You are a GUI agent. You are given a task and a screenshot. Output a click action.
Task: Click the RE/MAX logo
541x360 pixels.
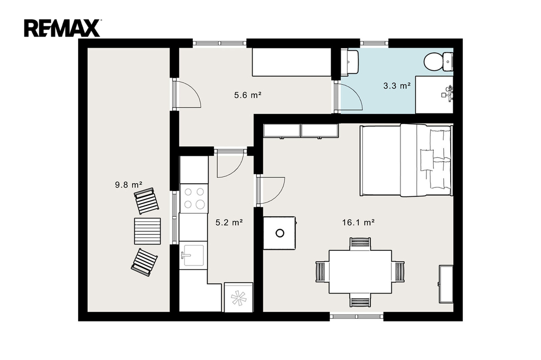click(x=62, y=29)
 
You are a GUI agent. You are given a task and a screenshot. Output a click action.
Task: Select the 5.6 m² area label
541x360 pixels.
click(x=248, y=95)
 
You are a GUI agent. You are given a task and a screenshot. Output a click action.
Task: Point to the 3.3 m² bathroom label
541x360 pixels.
click(x=397, y=86)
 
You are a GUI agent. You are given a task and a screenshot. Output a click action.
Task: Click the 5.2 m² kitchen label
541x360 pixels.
click(x=229, y=223)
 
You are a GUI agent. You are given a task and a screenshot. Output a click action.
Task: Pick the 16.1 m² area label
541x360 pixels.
click(x=359, y=223)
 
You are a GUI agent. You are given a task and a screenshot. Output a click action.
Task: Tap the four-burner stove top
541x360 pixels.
click(x=194, y=198)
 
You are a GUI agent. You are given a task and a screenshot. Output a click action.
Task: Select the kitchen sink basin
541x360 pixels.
click(x=193, y=255)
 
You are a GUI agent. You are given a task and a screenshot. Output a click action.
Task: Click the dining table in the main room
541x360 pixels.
click(x=360, y=272)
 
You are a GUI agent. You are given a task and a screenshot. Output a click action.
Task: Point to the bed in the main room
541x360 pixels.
click(x=406, y=160)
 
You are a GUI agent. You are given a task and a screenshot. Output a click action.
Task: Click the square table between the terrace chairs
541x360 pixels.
click(x=147, y=231)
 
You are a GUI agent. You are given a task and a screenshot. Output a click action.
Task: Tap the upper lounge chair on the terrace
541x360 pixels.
click(x=147, y=201)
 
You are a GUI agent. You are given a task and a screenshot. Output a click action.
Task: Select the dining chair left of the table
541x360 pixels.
click(x=321, y=272)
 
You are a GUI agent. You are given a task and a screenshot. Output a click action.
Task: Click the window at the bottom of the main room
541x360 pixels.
click(x=357, y=316)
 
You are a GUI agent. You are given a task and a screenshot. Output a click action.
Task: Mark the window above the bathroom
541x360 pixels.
click(x=375, y=43)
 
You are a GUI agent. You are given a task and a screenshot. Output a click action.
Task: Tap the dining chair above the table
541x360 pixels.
click(x=360, y=243)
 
